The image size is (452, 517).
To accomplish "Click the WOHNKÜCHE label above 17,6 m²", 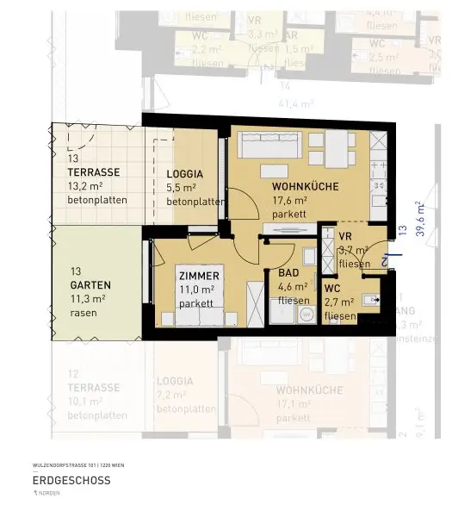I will [x=304, y=187].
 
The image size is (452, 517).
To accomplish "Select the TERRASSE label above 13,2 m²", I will [x=94, y=171].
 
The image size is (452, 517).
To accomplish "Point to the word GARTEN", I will [x=90, y=285].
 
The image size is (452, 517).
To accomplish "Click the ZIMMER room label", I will [x=199, y=276].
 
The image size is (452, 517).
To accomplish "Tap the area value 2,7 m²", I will [x=338, y=302].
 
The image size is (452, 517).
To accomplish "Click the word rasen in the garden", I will [x=84, y=313].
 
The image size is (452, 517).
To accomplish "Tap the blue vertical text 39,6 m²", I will [x=419, y=219].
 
